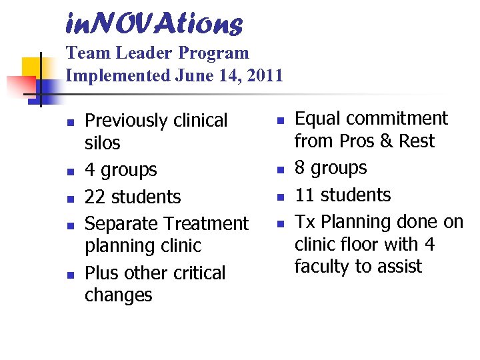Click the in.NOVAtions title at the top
click(154, 24)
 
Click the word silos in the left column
click(103, 143)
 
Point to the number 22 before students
click(95, 197)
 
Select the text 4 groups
click(121, 171)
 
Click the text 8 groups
click(331, 168)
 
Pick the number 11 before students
click(305, 195)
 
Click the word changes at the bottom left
click(119, 295)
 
